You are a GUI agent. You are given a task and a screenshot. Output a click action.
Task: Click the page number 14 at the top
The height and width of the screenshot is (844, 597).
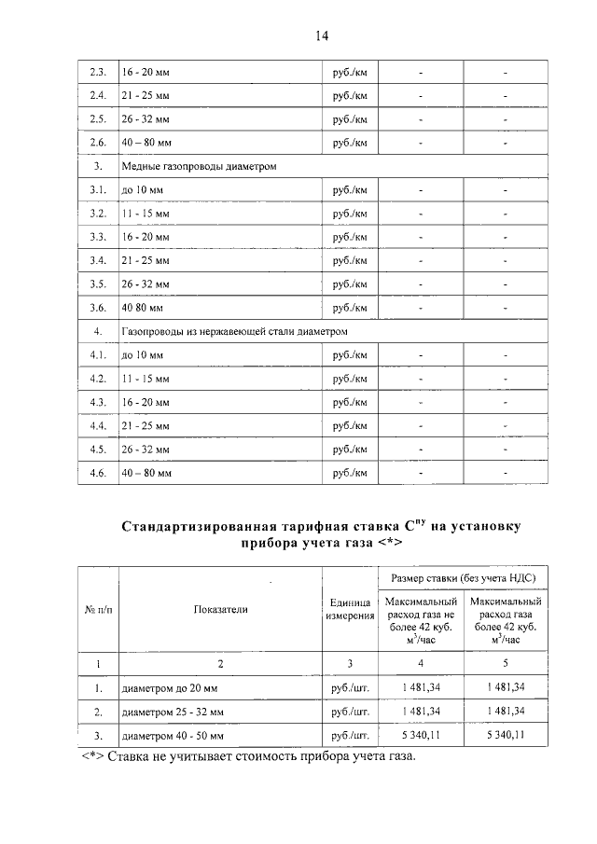point(321,35)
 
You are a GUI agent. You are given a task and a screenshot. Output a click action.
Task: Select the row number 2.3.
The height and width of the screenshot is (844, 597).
point(97,72)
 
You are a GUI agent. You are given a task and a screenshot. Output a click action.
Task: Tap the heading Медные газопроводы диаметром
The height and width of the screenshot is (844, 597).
point(200,166)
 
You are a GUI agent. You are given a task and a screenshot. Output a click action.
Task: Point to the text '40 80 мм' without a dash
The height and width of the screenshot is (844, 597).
point(143,307)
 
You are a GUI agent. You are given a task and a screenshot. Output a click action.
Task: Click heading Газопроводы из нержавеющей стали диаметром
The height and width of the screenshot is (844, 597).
point(234,331)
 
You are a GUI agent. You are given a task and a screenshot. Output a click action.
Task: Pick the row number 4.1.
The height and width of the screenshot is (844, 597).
point(97,355)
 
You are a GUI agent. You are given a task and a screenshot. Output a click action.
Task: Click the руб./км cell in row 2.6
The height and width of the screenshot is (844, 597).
point(350,142)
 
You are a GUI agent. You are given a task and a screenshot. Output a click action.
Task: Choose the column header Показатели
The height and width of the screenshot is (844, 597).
point(221,610)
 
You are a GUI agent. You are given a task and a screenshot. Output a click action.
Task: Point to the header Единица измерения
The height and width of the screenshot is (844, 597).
point(350,610)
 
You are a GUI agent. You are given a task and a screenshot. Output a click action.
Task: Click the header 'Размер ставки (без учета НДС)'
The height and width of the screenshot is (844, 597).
point(463,579)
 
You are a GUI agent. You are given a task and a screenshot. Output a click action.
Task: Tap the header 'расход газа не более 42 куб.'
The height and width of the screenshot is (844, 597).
point(421,620)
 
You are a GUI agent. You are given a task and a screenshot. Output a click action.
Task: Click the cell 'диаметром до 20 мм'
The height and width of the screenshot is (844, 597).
point(174,688)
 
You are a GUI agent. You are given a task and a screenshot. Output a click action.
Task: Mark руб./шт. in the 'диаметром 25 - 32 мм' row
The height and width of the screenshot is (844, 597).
point(350,712)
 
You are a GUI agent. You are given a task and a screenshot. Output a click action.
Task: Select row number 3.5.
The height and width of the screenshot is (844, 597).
point(97,284)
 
